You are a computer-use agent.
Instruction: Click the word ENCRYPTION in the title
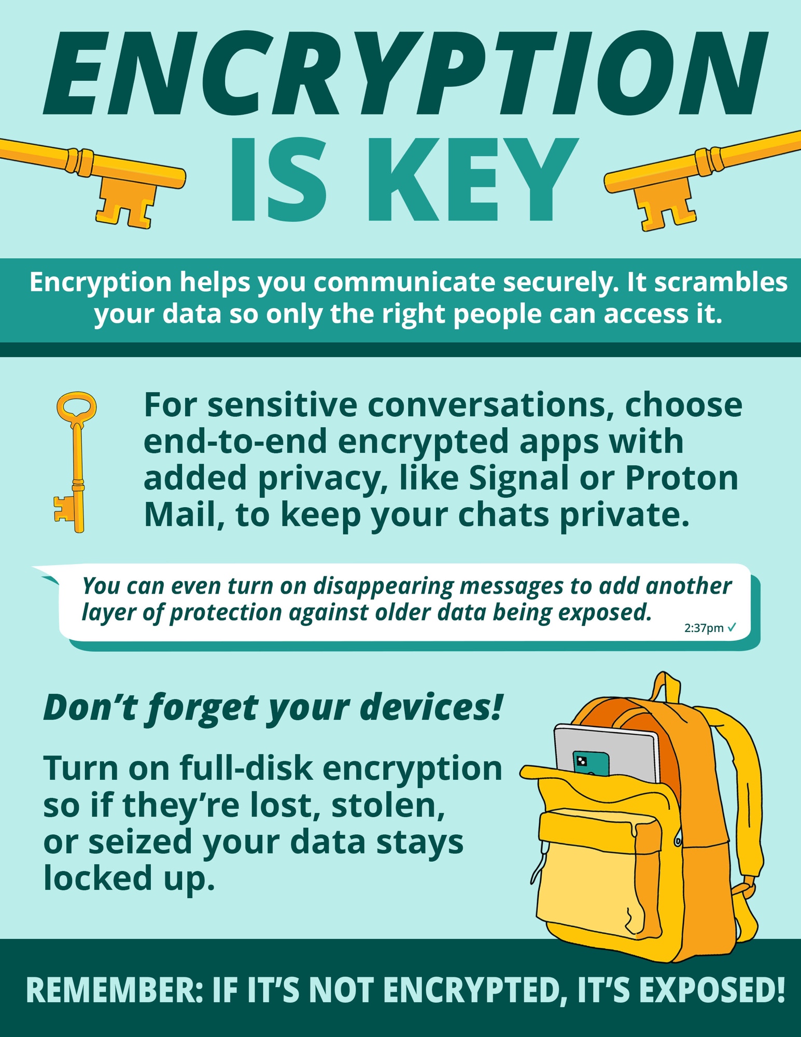point(404,74)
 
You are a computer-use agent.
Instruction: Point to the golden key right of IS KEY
point(702,179)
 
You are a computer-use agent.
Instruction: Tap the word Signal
point(518,479)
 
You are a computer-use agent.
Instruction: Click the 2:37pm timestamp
point(704,628)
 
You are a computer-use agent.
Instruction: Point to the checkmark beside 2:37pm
point(732,627)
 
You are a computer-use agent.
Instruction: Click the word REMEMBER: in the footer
point(114,990)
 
